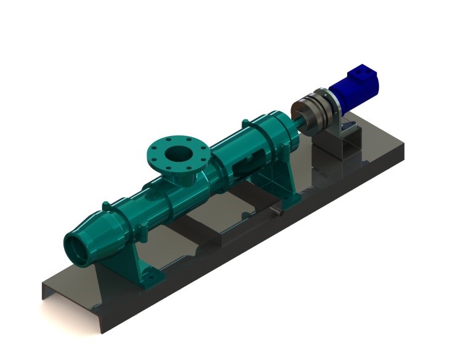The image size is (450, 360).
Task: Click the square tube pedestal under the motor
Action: point(335,148)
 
